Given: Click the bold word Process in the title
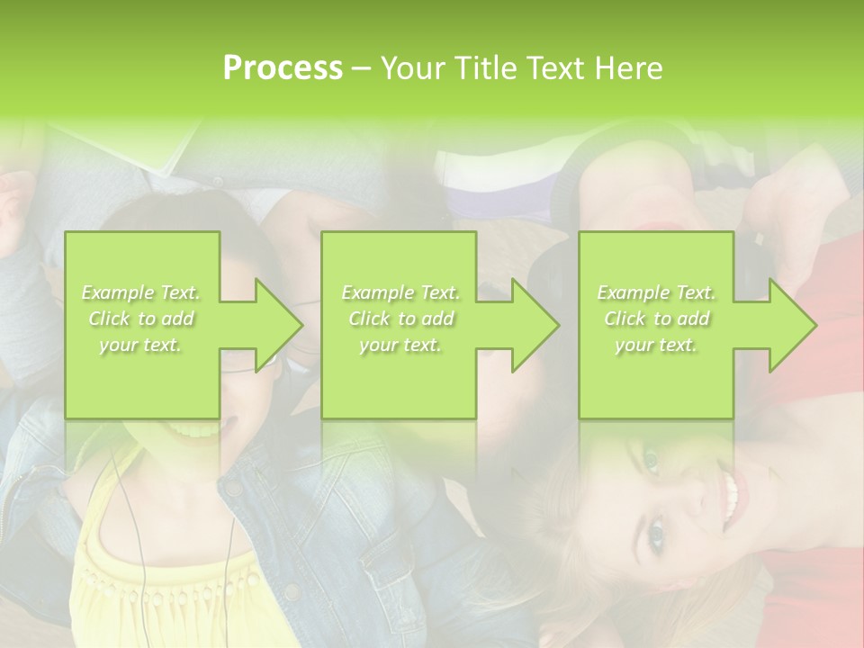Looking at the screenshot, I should click(283, 68).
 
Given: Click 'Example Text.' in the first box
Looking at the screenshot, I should click(141, 292).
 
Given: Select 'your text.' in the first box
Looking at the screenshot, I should click(141, 345).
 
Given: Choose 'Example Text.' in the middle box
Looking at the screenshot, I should click(400, 292).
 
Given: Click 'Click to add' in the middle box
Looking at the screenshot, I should click(400, 319).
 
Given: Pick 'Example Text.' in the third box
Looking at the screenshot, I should click(656, 292).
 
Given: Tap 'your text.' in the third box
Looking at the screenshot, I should click(656, 345).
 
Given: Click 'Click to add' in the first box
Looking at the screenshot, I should click(141, 319).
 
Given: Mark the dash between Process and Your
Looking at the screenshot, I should click(361, 68).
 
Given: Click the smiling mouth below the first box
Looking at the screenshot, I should click(193, 430).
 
